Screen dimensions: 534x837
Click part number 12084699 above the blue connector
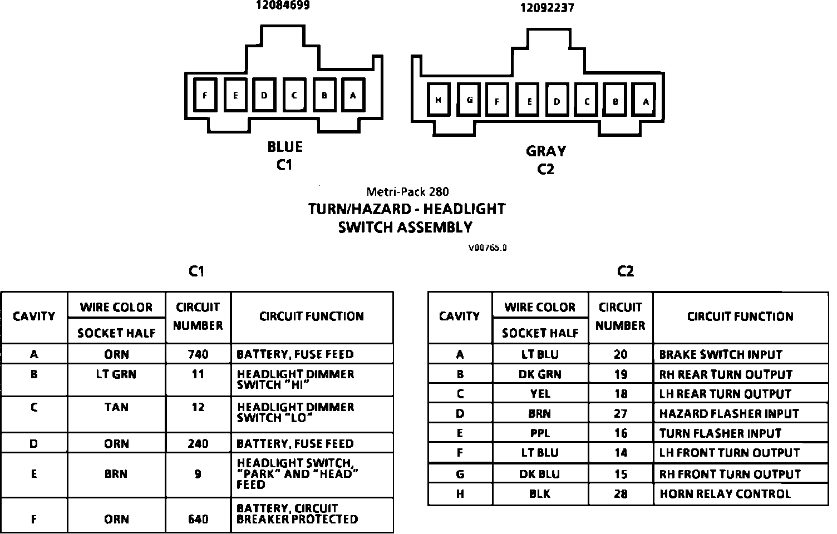coord(282,6)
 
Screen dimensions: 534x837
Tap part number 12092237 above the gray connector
coord(546,8)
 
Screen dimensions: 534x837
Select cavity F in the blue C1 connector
coord(205,95)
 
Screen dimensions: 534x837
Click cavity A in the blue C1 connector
coord(353,95)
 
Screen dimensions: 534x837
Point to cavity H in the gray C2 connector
coord(439,100)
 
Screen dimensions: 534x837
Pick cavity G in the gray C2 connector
coord(470,100)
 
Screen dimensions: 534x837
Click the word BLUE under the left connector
coord(285,147)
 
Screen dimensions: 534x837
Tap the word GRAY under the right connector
coord(545,151)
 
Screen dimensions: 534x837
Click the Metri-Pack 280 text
coord(407,192)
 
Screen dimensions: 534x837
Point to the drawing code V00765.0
coord(487,248)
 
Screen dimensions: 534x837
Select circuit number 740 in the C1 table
coord(198,354)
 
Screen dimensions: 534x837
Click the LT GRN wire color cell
coord(116,374)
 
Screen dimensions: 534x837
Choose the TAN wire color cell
coord(116,407)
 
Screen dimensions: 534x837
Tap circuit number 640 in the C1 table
coord(198,519)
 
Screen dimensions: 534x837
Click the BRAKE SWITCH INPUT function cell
coord(721,354)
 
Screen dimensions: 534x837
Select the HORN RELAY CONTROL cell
coord(725,494)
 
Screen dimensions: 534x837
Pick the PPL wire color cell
coord(540,433)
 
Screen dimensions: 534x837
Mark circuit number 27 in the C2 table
coord(621,414)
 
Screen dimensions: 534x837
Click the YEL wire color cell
coord(540,394)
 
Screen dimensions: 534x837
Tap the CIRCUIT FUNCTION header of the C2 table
coord(740,317)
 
